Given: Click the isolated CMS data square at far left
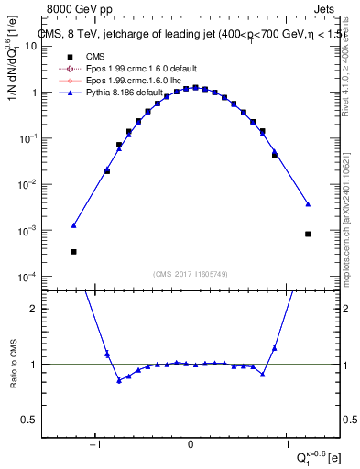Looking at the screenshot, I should [73, 252].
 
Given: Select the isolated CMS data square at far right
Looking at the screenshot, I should [308, 234].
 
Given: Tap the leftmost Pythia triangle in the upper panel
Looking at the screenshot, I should [73, 224].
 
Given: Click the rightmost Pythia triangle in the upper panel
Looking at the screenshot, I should [308, 203].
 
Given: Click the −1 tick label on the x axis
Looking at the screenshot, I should [95, 446].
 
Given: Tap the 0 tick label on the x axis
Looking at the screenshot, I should [191, 446].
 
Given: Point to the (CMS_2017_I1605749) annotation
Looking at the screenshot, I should [191, 273].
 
